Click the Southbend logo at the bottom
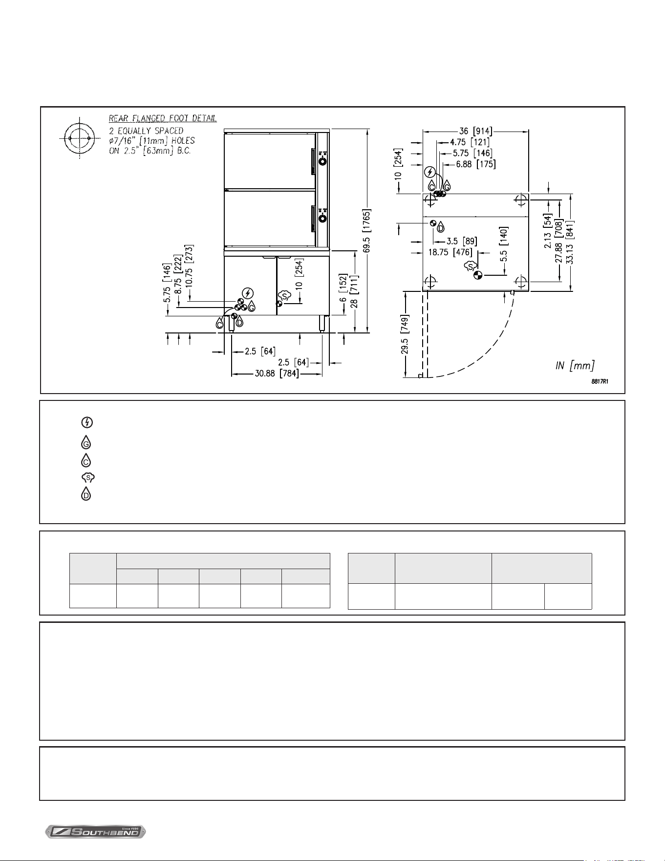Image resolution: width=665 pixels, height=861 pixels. (x=96, y=831)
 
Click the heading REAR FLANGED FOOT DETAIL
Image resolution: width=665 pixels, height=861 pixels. (x=163, y=118)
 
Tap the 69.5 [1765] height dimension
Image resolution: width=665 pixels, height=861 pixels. (x=367, y=231)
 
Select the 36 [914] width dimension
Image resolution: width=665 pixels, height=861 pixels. (x=475, y=131)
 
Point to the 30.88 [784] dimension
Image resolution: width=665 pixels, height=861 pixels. (x=277, y=375)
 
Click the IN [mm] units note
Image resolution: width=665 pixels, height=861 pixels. (x=575, y=365)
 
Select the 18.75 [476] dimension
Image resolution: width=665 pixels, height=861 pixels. (x=450, y=252)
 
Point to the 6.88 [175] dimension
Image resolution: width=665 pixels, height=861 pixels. (x=476, y=165)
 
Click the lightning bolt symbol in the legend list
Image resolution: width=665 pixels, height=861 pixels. (x=86, y=422)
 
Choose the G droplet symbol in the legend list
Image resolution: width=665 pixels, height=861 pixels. (x=86, y=442)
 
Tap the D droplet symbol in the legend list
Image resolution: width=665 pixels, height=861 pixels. (x=86, y=494)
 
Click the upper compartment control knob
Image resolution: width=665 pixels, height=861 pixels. (x=322, y=161)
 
